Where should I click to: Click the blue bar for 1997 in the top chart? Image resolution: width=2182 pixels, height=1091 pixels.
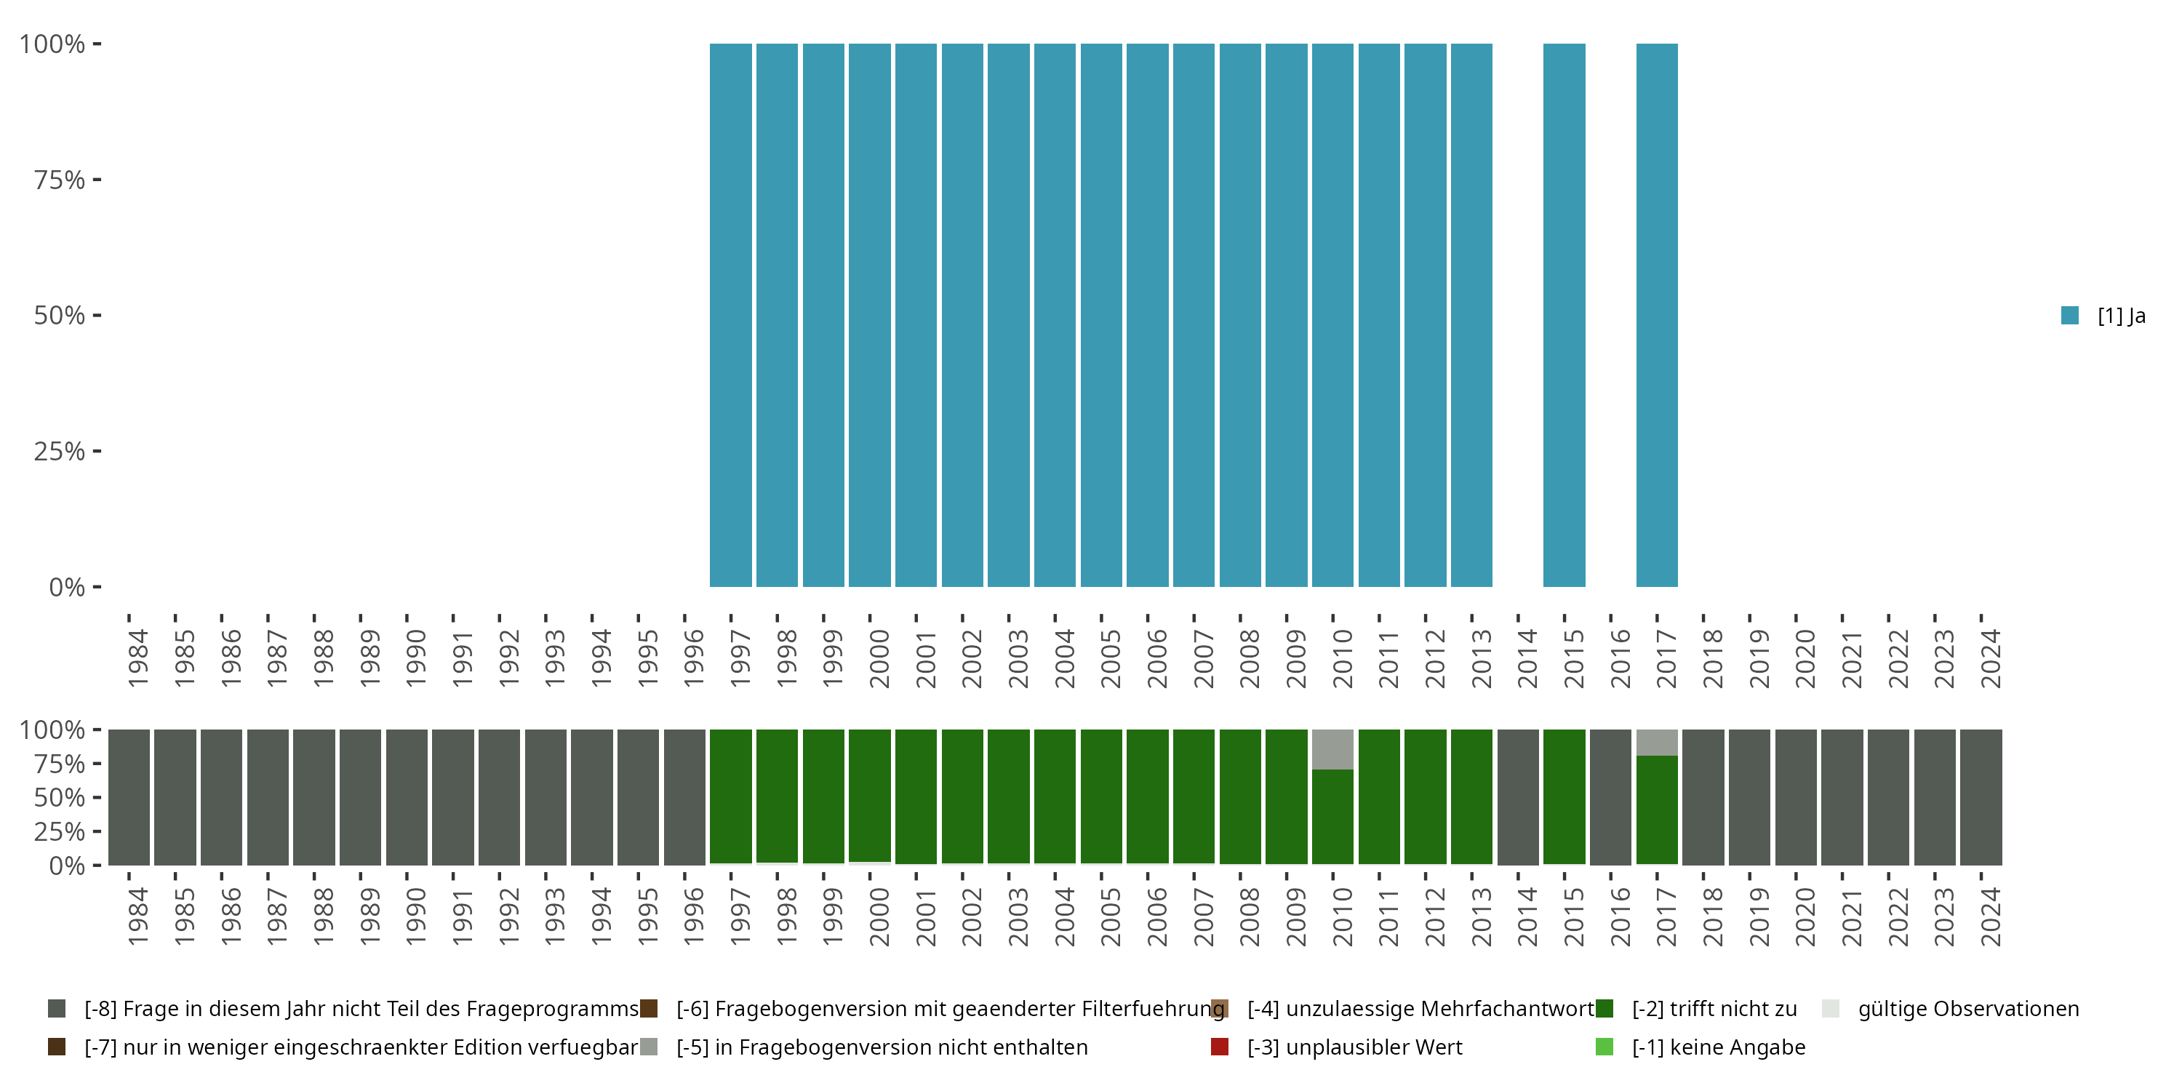pyautogui.click(x=730, y=315)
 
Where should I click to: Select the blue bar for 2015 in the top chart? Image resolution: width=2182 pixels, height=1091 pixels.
pyautogui.click(x=1564, y=315)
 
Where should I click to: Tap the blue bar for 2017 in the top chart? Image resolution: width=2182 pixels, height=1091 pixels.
pyautogui.click(x=1656, y=315)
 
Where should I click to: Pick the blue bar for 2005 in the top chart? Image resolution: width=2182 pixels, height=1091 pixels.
pyautogui.click(x=1101, y=315)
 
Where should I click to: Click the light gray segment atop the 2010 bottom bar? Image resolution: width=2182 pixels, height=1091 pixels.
pyautogui.click(x=1332, y=749)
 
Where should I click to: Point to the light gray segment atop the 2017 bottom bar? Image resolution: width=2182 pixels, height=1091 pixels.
pyautogui.click(x=1656, y=742)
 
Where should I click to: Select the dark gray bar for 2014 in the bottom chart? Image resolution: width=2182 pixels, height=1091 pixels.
pyautogui.click(x=1517, y=797)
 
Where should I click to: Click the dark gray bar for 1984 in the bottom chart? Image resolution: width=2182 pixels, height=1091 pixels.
pyautogui.click(x=129, y=797)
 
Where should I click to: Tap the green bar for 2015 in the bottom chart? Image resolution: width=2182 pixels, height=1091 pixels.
pyautogui.click(x=1564, y=797)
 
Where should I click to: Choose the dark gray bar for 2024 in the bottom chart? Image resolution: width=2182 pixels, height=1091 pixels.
pyautogui.click(x=1981, y=797)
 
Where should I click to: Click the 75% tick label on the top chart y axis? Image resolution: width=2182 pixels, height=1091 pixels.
pyautogui.click(x=60, y=180)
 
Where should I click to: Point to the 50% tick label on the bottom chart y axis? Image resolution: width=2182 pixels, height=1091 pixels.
pyautogui.click(x=60, y=797)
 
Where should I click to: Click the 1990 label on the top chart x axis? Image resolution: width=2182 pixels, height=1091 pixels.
pyautogui.click(x=416, y=658)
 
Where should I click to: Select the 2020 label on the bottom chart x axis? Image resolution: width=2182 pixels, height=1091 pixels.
pyautogui.click(x=1805, y=916)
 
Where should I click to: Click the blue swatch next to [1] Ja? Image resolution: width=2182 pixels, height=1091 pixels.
pyautogui.click(x=2069, y=315)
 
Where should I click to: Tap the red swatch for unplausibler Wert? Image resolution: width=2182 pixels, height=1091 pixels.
pyautogui.click(x=1220, y=1047)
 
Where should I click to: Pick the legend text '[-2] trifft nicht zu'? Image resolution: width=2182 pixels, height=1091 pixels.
pyautogui.click(x=1714, y=1009)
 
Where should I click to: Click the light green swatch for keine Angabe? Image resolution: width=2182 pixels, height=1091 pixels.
pyautogui.click(x=1604, y=1047)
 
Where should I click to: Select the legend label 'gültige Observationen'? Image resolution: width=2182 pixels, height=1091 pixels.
pyautogui.click(x=1967, y=1009)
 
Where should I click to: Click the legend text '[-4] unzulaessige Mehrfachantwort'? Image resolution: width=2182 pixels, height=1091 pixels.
pyautogui.click(x=1420, y=1009)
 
